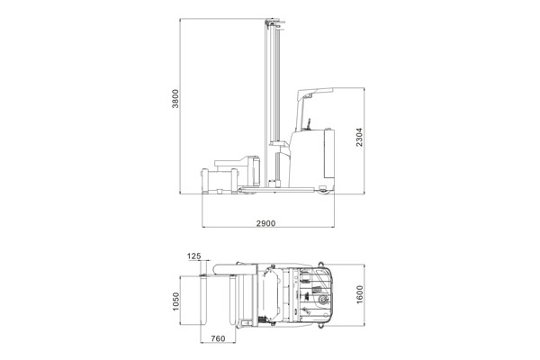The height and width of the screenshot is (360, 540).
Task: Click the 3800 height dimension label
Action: [175, 98]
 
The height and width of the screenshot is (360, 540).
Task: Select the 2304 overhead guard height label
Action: [359, 137]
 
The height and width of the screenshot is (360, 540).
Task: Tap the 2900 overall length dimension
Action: [265, 223]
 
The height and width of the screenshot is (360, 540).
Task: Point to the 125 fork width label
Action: [193, 256]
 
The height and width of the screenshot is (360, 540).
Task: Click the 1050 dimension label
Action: [176, 301]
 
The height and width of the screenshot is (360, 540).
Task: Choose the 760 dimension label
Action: [218, 338]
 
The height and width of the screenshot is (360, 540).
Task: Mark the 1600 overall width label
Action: [359, 294]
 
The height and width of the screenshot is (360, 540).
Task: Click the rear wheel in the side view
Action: [323, 190]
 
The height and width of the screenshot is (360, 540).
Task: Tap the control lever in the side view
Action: [309, 123]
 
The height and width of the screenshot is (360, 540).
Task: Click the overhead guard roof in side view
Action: [316, 93]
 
